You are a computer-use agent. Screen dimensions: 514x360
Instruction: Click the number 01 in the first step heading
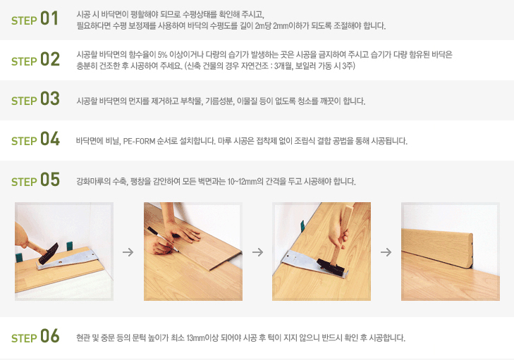(49, 18)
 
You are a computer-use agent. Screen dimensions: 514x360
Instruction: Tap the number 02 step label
(50, 59)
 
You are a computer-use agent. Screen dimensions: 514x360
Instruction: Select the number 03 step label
(50, 99)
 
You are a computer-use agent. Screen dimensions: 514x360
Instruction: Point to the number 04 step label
(50, 139)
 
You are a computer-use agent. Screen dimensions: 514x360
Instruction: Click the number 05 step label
(50, 180)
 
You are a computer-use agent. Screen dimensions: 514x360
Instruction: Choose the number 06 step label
(50, 336)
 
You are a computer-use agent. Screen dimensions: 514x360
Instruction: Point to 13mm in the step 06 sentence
(196, 337)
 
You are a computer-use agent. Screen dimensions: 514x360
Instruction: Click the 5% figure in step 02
(163, 54)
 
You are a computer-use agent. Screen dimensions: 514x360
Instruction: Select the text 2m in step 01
(259, 25)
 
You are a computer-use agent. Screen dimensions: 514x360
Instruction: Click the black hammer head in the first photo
(49, 254)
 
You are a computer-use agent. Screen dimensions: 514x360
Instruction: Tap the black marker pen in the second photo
(163, 239)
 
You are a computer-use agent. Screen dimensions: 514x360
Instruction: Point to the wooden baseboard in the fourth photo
(437, 247)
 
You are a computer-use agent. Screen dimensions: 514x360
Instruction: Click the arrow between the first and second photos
(128, 252)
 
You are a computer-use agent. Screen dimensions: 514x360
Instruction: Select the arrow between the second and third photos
(258, 252)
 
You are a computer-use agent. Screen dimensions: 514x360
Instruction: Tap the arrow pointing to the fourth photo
(386, 252)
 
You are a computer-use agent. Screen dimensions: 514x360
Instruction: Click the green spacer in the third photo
(302, 226)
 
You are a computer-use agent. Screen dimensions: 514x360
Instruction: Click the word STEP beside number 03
(24, 101)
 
